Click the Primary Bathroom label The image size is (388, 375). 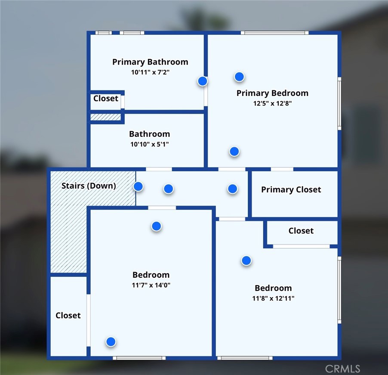click(150, 62)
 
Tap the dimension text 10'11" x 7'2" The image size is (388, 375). click(150, 72)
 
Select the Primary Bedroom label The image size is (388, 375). click(272, 93)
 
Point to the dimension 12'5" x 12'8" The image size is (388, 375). click(272, 103)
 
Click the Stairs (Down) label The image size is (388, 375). click(89, 186)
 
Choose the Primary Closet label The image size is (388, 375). click(291, 190)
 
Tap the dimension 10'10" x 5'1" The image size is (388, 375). click(149, 144)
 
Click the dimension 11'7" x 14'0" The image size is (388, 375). click(151, 285)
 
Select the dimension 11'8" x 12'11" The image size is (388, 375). click(273, 298)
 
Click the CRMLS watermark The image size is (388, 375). click(342, 369)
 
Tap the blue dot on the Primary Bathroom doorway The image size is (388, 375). click(203, 81)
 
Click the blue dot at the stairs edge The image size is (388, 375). click(138, 186)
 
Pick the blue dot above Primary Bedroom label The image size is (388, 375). click(239, 77)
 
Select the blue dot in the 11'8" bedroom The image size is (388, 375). click(246, 260)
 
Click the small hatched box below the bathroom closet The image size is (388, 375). click(106, 117)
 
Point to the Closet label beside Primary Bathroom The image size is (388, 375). click(106, 99)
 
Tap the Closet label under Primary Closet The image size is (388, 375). click(301, 231)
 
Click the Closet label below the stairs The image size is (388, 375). click(68, 316)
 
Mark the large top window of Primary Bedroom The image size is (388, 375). click(275, 33)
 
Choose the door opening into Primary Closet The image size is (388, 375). click(282, 169)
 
